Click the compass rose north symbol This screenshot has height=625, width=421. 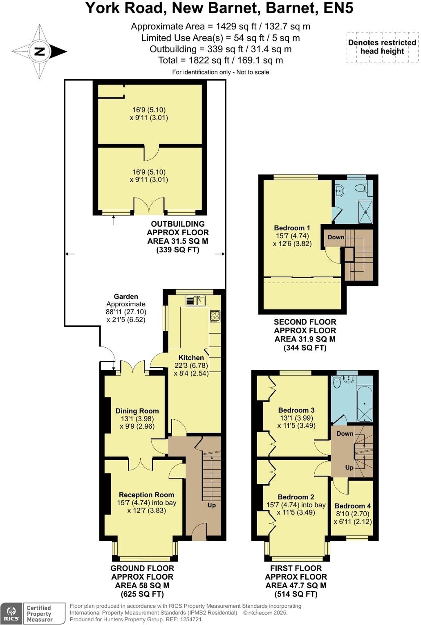(x=40, y=52)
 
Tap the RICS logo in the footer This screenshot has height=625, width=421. (x=11, y=613)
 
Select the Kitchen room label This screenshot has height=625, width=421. (x=191, y=357)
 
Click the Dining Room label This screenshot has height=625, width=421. (x=137, y=411)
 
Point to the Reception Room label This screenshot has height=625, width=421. (x=146, y=495)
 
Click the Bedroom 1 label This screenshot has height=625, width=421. (x=292, y=228)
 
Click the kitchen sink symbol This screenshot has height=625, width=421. (x=195, y=301)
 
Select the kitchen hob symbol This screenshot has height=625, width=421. (x=215, y=316)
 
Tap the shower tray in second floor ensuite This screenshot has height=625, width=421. (x=365, y=212)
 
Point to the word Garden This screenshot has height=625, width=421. (x=126, y=297)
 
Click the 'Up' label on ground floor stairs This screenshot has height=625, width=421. (x=211, y=505)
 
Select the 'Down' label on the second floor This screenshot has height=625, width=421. (x=336, y=237)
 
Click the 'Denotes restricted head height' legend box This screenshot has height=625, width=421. (x=382, y=47)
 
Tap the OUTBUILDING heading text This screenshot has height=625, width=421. (x=178, y=224)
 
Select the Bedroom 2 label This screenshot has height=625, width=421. (x=296, y=497)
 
